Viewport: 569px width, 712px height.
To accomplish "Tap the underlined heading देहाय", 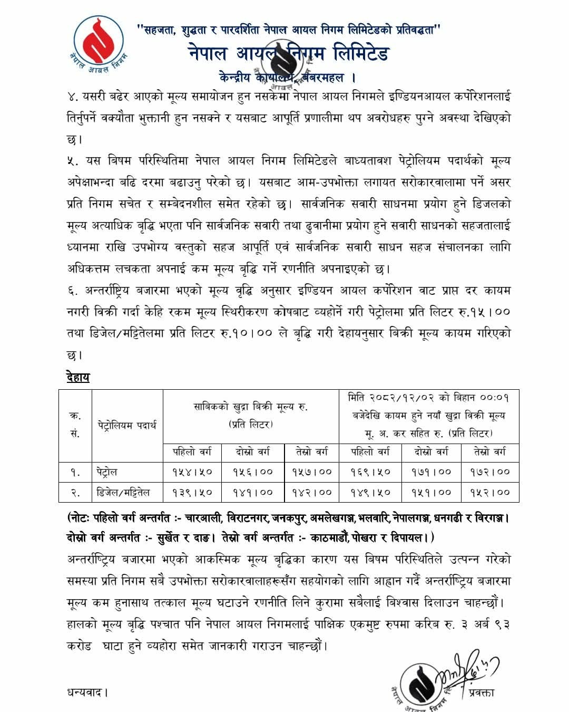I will click(x=79, y=377).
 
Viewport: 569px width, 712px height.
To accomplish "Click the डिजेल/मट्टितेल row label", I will click(x=123, y=492).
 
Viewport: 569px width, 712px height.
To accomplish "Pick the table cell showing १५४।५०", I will click(x=192, y=472).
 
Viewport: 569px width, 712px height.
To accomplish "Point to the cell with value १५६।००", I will click(x=253, y=472).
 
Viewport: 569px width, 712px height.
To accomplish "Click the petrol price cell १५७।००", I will click(x=312, y=472).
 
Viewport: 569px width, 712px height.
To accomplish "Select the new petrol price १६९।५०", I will click(x=371, y=472).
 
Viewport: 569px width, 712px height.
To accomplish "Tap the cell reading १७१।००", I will click(x=431, y=472).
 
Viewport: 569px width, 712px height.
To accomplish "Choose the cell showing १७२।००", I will click(x=490, y=472).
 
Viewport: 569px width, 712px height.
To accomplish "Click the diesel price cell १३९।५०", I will click(x=192, y=492).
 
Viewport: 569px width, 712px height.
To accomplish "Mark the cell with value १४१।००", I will click(x=253, y=492).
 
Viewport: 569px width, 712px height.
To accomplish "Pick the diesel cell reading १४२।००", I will click(x=312, y=492).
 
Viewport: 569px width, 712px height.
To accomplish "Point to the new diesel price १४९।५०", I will click(x=371, y=492).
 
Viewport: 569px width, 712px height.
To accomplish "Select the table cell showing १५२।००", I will click(x=490, y=492).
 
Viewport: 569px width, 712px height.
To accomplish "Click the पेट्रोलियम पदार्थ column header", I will click(x=127, y=425).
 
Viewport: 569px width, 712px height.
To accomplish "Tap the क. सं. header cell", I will click(x=75, y=425).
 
